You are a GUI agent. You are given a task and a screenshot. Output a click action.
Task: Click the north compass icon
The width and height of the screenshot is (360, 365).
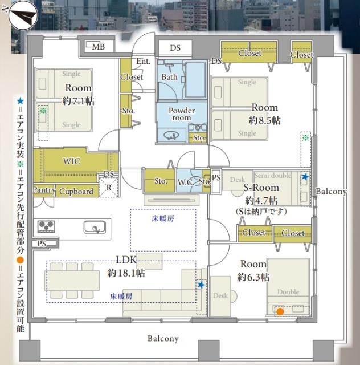[23, 15]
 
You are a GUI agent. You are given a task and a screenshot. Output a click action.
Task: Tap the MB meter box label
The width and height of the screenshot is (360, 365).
[99, 47]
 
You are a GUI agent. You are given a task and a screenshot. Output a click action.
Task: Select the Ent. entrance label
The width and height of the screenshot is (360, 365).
[143, 61]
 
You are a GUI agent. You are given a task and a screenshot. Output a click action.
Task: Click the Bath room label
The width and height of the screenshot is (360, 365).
[169, 77]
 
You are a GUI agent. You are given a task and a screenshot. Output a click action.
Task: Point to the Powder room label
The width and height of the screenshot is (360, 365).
[182, 114]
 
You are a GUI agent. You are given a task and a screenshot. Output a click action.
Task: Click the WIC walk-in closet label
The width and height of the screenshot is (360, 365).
[72, 161]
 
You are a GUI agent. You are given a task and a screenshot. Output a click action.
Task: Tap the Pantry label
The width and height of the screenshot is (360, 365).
[44, 190]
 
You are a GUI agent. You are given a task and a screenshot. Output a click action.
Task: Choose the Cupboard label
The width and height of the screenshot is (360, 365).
[76, 192]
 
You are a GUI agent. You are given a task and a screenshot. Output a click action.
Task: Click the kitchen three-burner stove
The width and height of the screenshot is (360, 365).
[47, 226]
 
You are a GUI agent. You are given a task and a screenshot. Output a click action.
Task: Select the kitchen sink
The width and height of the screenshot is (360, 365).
[95, 227]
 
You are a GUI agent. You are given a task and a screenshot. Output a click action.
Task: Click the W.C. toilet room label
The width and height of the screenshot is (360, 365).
[186, 182]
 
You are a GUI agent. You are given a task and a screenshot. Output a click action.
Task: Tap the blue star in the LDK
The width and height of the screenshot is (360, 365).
[201, 285]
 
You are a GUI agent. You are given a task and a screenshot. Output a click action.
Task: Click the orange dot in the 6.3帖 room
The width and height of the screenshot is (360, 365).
[280, 311]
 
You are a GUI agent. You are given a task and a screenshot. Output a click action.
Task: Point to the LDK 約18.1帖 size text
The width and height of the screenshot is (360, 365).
[126, 273]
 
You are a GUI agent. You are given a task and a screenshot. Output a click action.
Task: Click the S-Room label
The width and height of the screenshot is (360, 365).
[261, 188]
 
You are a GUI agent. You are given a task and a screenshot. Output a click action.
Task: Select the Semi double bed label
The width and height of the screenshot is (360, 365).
[272, 175]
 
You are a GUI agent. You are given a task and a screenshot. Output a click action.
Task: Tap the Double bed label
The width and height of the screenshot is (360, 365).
[288, 291]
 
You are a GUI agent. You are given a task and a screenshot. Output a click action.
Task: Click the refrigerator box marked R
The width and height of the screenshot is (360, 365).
[109, 188]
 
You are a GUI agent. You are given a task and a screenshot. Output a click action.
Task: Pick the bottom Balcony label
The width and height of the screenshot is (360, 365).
[163, 338]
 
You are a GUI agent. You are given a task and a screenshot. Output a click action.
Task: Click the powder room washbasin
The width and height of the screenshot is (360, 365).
[171, 135]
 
